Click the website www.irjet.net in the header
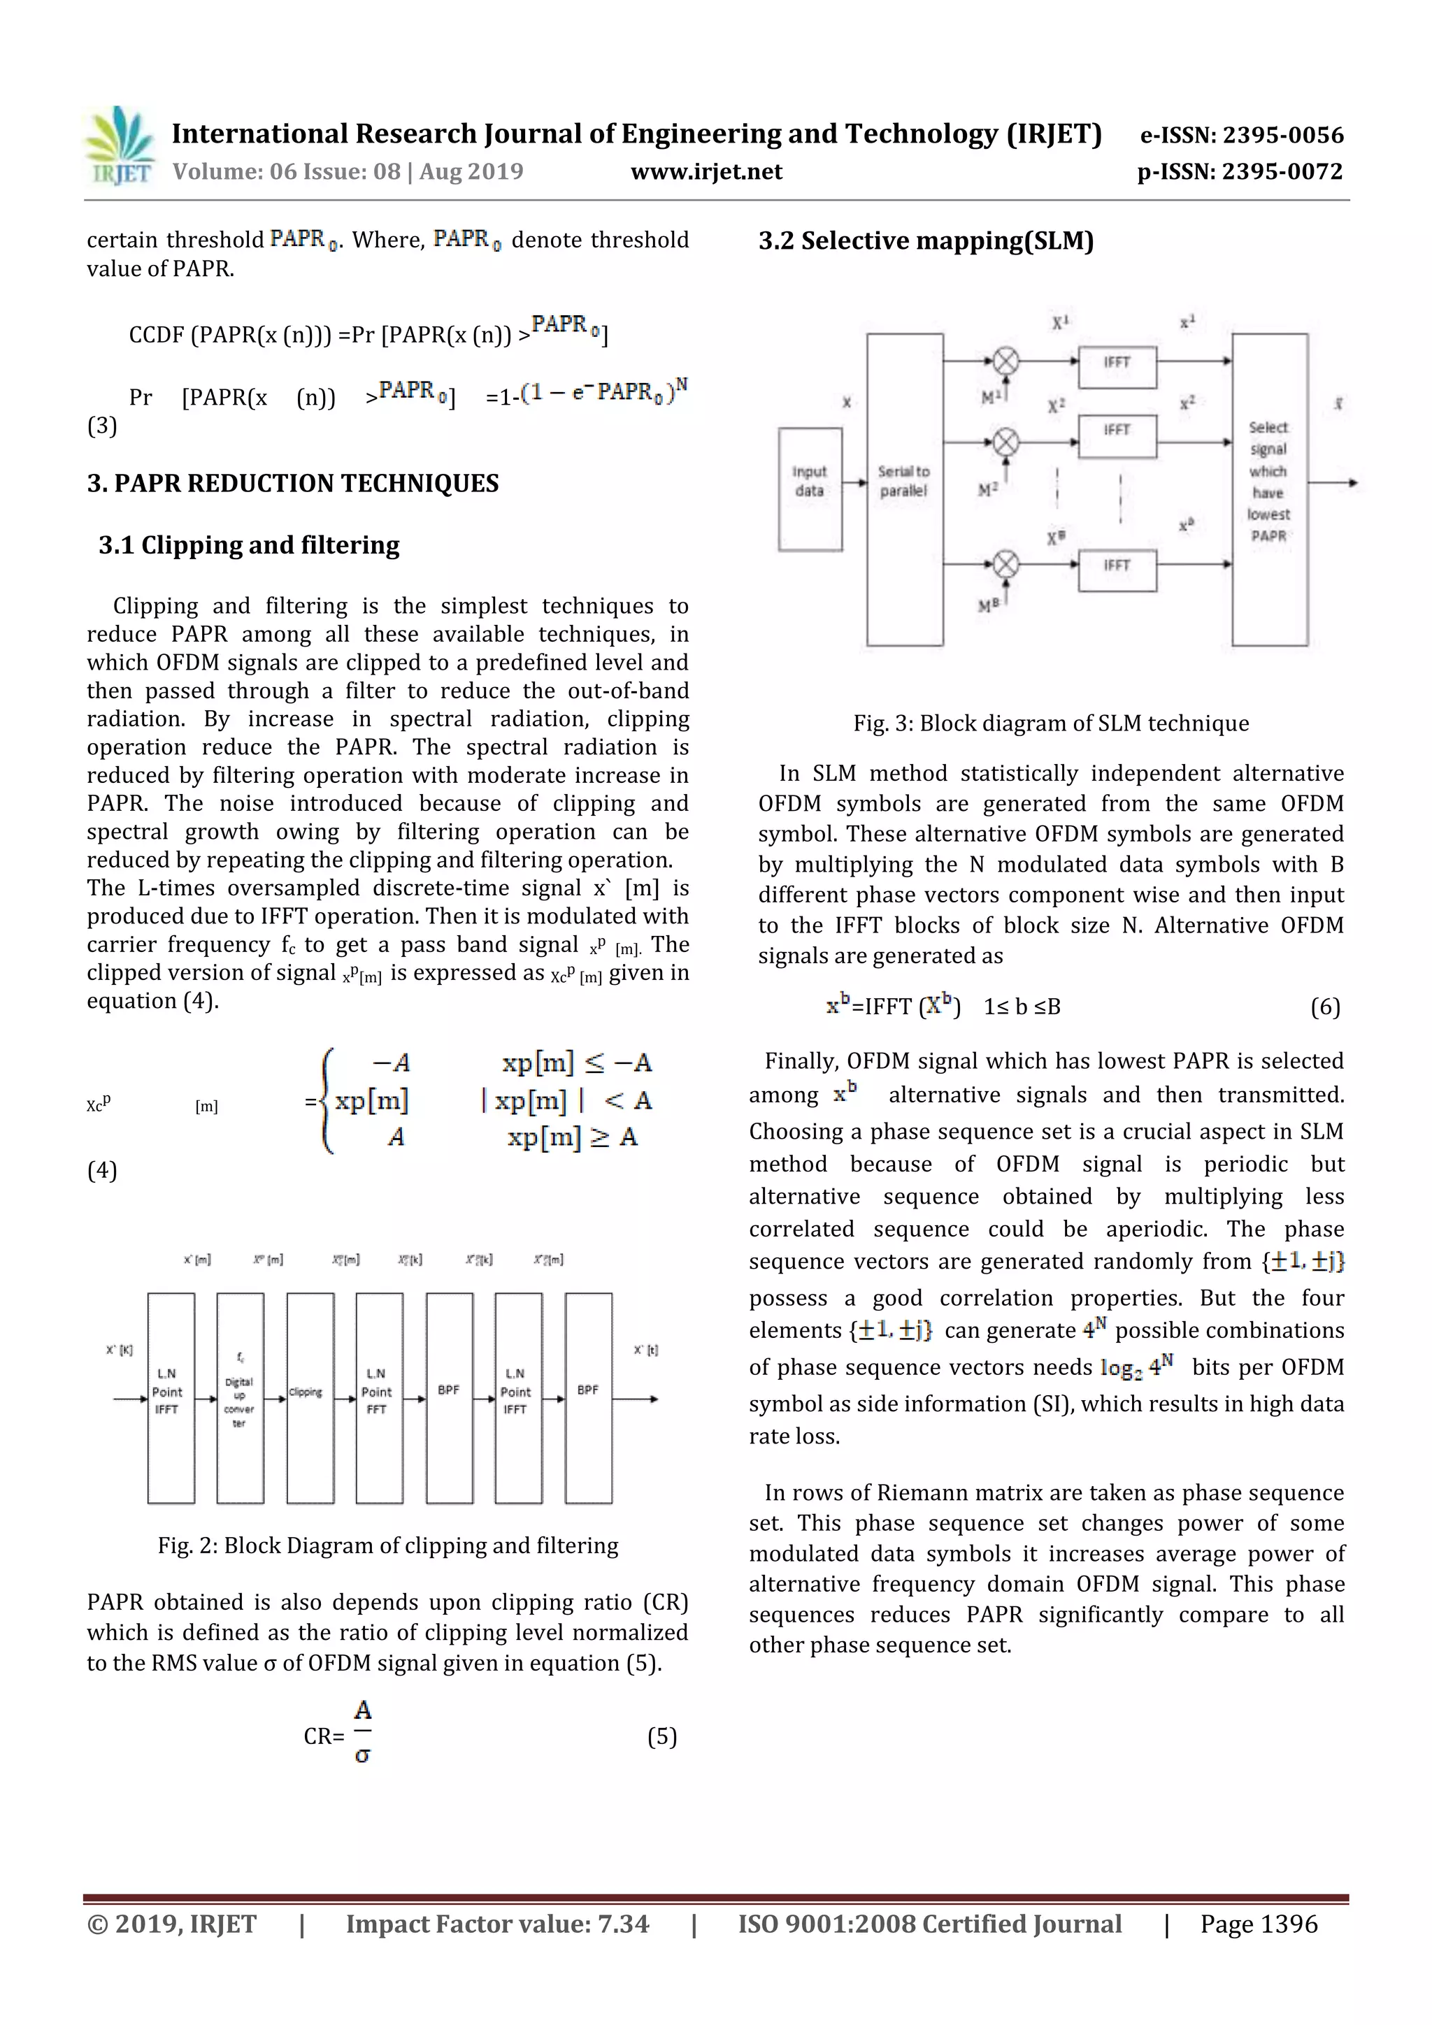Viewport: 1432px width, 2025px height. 706,171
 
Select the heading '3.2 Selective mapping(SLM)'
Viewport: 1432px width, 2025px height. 926,240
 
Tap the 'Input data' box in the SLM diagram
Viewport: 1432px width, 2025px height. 809,489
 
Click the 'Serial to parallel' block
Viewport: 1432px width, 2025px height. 904,489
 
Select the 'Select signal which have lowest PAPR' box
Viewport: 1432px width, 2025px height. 1269,489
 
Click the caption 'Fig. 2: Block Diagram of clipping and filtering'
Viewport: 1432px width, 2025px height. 387,1545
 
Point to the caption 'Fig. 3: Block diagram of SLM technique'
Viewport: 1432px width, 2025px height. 1050,723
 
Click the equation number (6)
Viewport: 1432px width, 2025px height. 1324,1007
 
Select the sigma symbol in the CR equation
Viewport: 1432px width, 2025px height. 361,1755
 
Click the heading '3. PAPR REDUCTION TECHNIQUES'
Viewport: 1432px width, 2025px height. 292,483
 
